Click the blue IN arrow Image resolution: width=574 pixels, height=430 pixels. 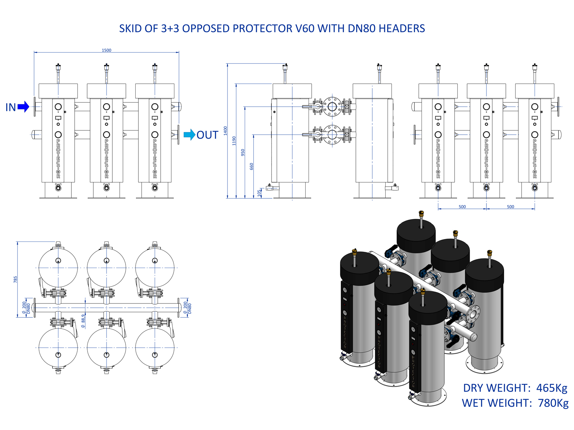point(23,107)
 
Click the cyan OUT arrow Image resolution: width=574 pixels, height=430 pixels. point(189,135)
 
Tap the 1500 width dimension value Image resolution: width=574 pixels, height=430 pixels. point(107,50)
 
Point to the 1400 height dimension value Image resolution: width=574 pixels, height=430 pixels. point(225,130)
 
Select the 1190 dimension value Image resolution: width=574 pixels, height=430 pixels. point(234,140)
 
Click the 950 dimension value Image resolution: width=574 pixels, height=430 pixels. point(243,152)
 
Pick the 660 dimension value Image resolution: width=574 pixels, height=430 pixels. point(251,166)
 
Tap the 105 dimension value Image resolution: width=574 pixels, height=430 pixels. point(259,193)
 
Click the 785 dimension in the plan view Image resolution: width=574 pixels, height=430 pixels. point(15,279)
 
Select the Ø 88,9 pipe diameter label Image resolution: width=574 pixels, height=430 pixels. point(83,321)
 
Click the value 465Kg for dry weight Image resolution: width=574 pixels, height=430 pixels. point(552,388)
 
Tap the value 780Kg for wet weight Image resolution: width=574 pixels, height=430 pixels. point(553,403)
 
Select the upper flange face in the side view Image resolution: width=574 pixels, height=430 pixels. point(332,106)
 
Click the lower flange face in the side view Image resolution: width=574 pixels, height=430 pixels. point(332,135)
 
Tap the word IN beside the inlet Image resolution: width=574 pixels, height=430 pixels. point(11,107)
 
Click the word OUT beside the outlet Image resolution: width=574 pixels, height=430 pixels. point(207,135)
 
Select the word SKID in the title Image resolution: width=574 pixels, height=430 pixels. point(131,29)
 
